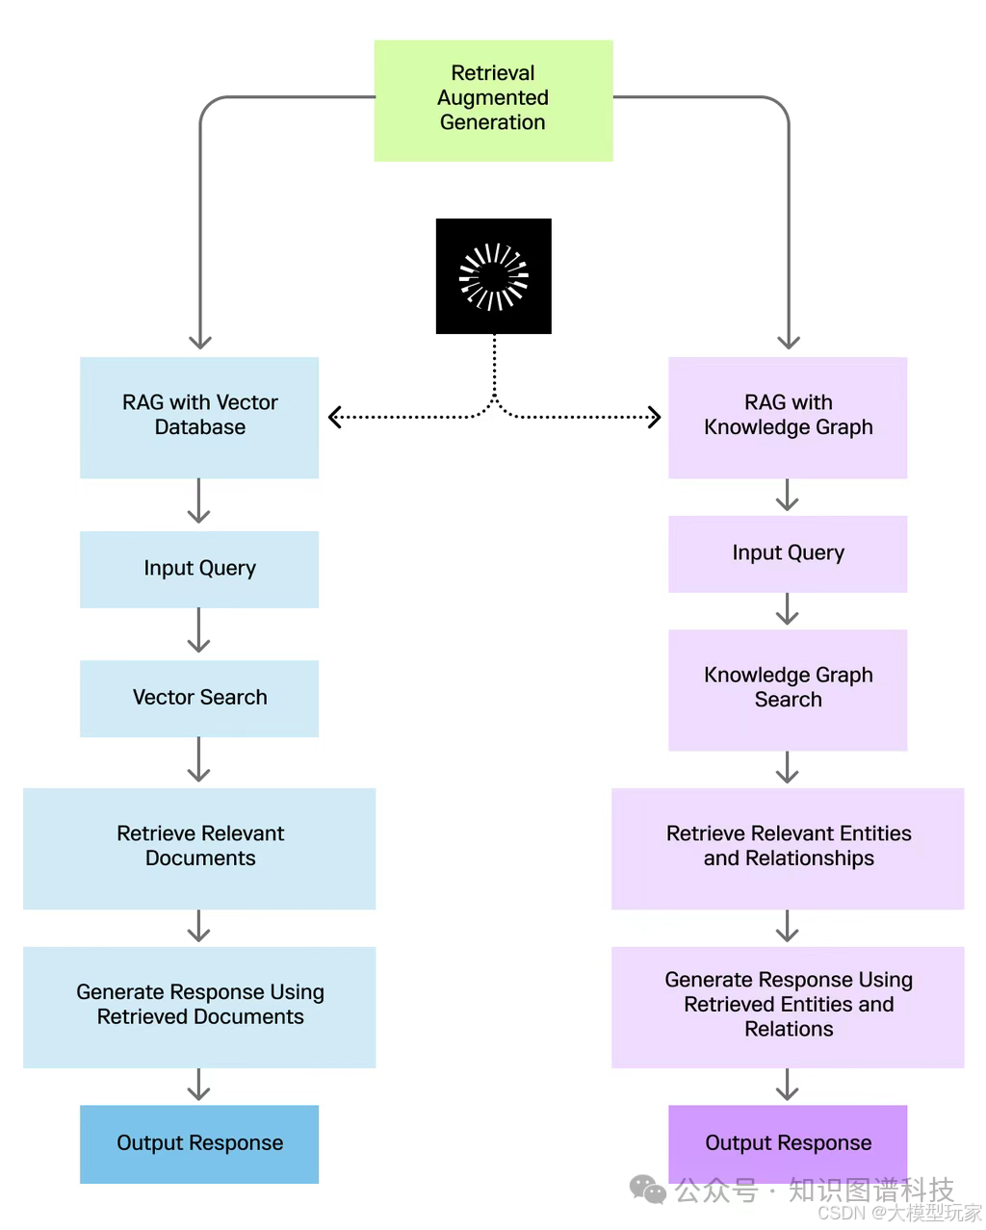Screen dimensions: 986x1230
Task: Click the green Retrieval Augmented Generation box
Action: point(493,101)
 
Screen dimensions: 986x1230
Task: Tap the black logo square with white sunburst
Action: point(494,276)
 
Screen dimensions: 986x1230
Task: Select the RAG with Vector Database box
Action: point(199,418)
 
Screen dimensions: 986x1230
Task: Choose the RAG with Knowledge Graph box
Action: point(788,418)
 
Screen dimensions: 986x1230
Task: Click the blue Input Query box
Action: point(199,569)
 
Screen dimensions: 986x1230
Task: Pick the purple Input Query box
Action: point(788,553)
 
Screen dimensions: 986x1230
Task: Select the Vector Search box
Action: point(199,699)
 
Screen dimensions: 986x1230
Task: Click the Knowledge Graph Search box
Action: point(788,690)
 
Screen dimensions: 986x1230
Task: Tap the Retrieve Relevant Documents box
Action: point(199,849)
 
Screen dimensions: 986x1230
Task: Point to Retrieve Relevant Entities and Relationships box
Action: point(788,849)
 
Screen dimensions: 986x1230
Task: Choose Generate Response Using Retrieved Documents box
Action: point(199,1007)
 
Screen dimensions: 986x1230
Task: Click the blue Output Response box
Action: point(199,1143)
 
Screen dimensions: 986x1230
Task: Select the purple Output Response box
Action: point(788,1143)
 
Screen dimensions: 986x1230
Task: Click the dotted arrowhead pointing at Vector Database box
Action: point(334,418)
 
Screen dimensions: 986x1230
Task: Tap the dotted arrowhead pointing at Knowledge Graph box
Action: point(655,418)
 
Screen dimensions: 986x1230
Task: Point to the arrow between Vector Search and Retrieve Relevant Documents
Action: point(198,759)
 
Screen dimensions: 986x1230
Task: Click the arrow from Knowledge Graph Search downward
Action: point(787,767)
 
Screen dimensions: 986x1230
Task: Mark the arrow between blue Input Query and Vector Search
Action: point(198,629)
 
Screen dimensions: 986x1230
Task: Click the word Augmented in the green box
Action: point(492,98)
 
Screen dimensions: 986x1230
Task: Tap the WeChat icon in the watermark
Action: point(647,1190)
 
